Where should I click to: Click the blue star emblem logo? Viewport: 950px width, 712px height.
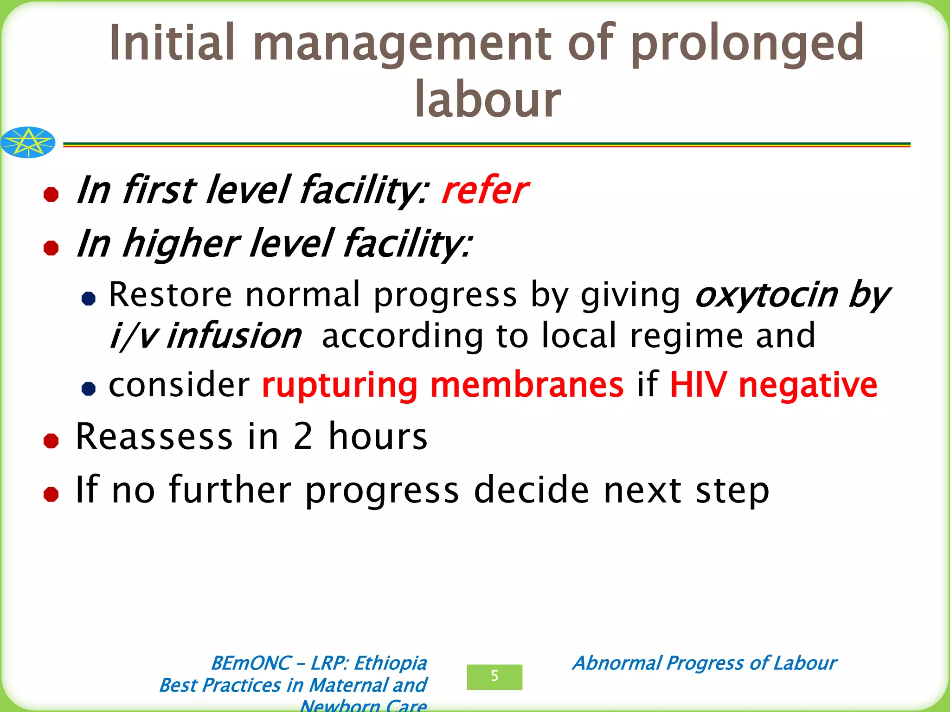28,142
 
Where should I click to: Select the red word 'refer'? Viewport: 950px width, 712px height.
484,191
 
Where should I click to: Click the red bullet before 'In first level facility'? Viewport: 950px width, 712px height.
51,194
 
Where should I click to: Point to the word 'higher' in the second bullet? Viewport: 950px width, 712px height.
181,244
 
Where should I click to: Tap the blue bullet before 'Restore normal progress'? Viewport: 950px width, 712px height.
88,298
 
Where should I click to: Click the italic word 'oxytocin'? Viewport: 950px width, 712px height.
766,295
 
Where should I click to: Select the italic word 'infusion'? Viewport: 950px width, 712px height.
234,336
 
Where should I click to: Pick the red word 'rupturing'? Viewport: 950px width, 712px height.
340,386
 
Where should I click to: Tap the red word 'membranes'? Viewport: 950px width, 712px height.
527,385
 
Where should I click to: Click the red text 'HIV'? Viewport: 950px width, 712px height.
698,385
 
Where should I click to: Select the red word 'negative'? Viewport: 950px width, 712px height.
808,386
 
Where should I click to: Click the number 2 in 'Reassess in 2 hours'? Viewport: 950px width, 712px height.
303,437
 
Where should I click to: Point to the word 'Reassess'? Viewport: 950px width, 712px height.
154,437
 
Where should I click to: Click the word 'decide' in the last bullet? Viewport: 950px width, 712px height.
532,490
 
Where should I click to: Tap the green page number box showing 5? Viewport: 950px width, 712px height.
494,677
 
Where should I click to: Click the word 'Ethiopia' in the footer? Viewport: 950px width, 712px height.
390,663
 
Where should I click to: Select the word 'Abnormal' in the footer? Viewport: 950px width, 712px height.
617,663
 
